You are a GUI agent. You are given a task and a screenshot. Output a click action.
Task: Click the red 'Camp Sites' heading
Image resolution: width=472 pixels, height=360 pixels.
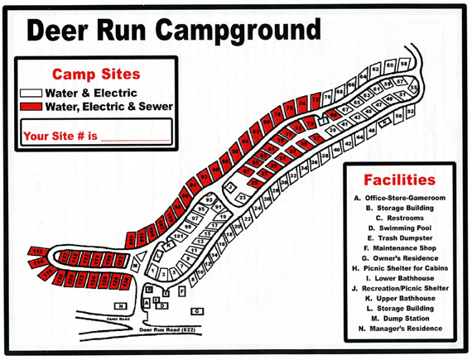[96, 74]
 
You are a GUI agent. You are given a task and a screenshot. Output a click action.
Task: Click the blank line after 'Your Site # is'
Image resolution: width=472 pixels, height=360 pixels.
[132, 138]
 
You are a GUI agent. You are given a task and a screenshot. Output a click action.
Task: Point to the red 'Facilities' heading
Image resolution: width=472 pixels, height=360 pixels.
[400, 180]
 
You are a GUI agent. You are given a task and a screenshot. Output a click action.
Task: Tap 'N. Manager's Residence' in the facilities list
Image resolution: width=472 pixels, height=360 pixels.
[400, 329]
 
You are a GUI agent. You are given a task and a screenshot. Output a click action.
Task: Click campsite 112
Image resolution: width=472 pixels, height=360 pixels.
[38, 251]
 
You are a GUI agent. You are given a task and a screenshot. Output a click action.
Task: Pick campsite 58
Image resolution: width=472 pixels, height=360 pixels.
[405, 64]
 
